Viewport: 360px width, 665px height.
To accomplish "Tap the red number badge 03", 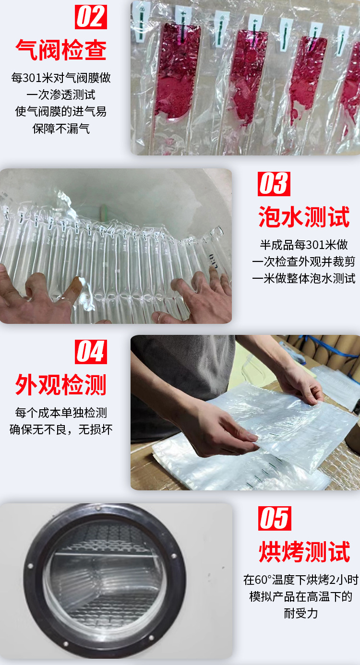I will pos(274,184).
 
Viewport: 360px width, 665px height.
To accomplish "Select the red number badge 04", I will pos(91,352).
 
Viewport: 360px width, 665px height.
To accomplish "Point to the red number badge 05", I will pos(274,518).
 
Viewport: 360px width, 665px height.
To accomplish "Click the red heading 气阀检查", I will pos(61,49).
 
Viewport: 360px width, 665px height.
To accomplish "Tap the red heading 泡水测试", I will pos(304,216).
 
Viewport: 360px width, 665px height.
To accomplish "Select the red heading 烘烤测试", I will pos(304,551).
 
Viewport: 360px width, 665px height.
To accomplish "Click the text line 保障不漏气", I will pos(61,129).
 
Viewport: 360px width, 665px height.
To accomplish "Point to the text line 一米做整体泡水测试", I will pos(304,278).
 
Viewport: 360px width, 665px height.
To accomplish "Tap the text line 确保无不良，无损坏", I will pos(61,429).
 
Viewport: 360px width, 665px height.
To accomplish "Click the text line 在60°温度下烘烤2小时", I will pos(301,580).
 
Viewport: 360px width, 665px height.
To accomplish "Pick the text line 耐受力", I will pos(301,613).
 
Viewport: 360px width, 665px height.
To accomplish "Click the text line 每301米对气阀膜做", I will pos(61,78).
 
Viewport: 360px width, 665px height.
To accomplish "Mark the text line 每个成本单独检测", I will pos(61,413).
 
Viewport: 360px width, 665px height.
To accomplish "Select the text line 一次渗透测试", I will pos(61,95).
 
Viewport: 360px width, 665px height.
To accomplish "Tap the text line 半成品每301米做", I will pos(304,245).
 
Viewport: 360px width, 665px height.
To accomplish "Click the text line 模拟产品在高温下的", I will pos(301,596).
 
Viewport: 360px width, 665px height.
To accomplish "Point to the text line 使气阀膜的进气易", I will pos(61,112).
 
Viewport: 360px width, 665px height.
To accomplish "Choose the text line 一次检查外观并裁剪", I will pos(304,261).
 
